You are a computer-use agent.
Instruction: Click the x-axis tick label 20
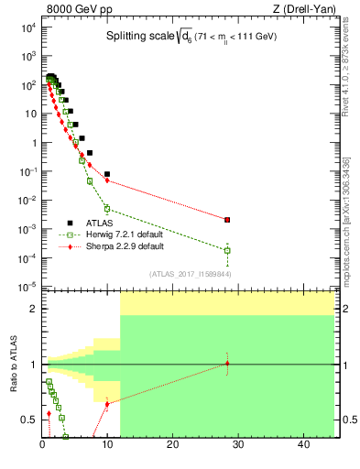[x=172, y=446]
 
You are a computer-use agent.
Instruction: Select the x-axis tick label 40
[x=302, y=446]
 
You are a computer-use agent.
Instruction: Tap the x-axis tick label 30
[x=237, y=446]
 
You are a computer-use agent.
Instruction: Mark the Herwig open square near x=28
[x=227, y=250]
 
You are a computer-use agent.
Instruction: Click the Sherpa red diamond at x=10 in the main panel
[x=107, y=180]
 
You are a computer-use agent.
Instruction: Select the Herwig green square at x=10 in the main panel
[x=107, y=209]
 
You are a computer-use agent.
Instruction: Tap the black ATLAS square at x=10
[x=107, y=173]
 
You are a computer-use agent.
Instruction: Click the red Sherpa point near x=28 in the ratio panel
[x=227, y=364]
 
